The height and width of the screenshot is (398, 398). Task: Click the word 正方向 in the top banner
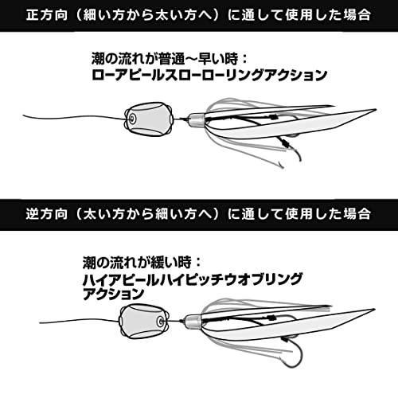[47, 15]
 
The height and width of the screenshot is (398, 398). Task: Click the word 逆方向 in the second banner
[47, 214]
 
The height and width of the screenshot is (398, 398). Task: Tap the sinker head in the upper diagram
[149, 119]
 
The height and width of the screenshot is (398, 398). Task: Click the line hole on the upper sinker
[131, 119]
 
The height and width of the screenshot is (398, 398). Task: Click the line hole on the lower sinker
[160, 322]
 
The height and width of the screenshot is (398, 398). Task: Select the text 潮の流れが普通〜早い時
[170, 59]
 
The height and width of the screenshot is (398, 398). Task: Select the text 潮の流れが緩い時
[142, 263]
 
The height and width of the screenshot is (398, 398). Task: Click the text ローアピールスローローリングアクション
[209, 75]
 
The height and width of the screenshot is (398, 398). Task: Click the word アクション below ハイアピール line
[114, 294]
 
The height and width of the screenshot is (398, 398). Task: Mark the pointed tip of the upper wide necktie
[376, 110]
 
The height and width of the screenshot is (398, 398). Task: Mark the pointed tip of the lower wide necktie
[375, 310]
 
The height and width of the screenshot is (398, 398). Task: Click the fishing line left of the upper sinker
[74, 117]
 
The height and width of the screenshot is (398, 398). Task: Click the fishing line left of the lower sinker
[80, 321]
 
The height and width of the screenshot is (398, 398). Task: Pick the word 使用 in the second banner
[299, 214]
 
